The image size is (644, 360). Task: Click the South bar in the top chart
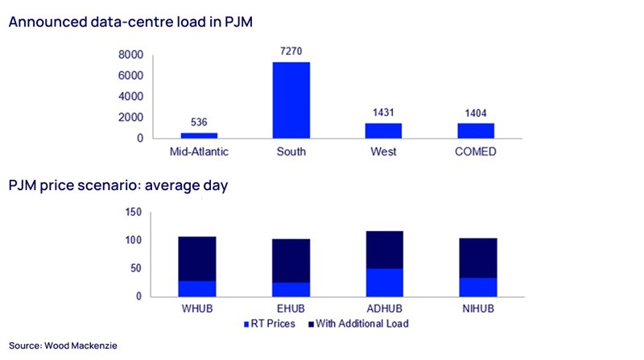coord(291,100)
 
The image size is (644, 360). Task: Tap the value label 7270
coord(291,52)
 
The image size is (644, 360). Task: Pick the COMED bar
coord(476,130)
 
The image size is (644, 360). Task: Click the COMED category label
coord(476,152)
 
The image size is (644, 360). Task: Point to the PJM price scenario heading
coord(118,186)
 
